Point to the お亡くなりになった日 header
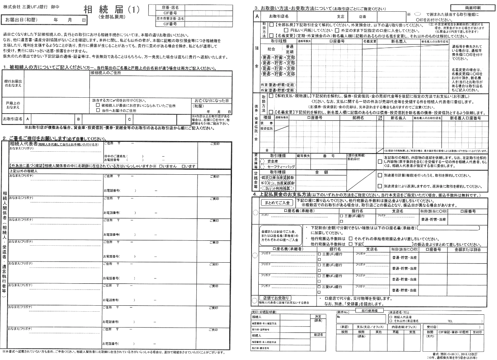coord(211,101)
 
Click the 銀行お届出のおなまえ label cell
coord(14,83)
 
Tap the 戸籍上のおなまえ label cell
coord(14,105)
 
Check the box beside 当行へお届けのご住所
coord(98,111)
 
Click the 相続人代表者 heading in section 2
coord(23,144)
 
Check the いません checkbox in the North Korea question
coord(161,166)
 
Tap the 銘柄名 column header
coord(358,118)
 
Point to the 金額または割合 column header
coord(468,249)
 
